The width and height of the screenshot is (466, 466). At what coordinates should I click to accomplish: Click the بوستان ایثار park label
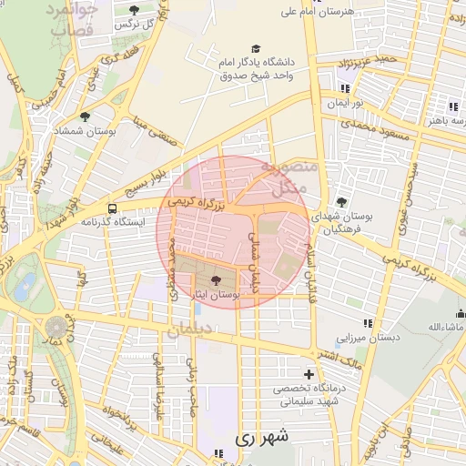[216, 296]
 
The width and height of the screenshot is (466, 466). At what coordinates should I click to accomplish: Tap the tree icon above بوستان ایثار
[216, 281]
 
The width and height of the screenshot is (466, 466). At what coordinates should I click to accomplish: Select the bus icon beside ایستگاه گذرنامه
[111, 208]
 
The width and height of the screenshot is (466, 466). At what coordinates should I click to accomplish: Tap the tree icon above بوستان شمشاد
[86, 116]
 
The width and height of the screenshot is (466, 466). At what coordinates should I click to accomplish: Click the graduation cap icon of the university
[256, 48]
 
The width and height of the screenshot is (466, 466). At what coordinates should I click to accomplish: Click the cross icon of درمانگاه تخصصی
[309, 374]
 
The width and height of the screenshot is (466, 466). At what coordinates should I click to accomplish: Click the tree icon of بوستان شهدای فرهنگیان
[341, 202]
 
